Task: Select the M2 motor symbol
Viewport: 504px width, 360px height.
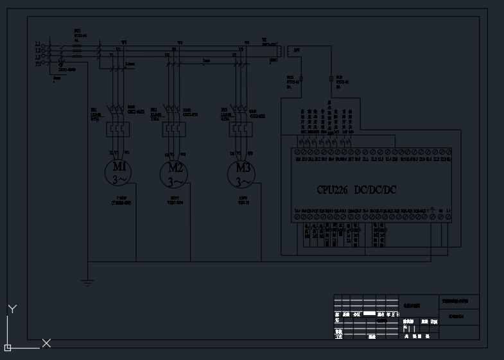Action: [174, 173]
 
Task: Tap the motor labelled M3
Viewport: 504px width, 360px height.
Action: [241, 173]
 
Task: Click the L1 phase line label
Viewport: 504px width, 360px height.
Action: [38, 44]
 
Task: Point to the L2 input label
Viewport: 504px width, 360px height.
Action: [38, 50]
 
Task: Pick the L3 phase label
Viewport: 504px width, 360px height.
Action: [38, 57]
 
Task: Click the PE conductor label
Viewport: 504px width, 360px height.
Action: [38, 64]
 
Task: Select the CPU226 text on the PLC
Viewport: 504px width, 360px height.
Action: [332, 190]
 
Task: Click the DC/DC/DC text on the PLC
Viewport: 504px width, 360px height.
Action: [376, 190]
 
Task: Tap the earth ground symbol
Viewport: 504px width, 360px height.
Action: [88, 282]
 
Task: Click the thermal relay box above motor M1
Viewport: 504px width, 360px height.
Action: [118, 130]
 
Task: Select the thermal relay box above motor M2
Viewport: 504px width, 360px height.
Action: [174, 130]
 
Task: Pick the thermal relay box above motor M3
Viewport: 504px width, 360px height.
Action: [241, 130]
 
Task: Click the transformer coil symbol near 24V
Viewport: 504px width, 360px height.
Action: [289, 51]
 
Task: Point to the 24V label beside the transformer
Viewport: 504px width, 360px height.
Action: [297, 49]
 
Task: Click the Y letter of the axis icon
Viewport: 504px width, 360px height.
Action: [12, 309]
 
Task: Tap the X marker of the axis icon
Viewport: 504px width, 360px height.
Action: [46, 343]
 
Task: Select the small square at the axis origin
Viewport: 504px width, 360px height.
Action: [8, 348]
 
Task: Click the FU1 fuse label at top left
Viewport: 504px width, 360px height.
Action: [77, 31]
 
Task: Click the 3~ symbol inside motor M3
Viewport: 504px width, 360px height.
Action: [241, 182]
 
